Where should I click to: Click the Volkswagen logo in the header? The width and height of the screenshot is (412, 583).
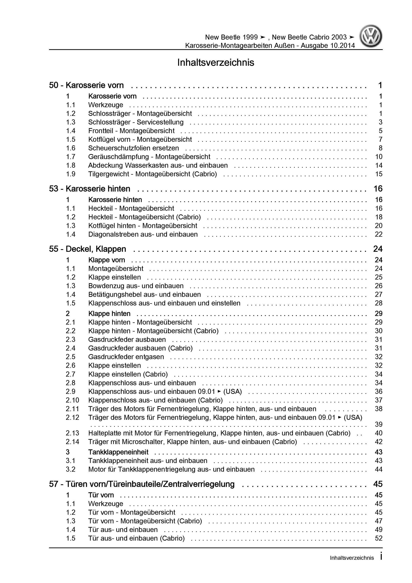(x=371, y=36)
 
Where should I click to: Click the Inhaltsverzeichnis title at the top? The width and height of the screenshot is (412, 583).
(x=216, y=62)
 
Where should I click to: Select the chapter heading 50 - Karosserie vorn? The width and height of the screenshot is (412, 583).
(x=86, y=85)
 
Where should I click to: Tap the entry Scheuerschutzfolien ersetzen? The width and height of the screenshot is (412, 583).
(x=133, y=148)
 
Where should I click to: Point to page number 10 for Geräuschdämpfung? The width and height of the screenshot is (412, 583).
(x=378, y=157)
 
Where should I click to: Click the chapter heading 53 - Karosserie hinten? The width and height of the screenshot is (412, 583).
(x=90, y=189)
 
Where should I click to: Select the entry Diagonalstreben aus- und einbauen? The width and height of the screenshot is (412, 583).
(x=143, y=234)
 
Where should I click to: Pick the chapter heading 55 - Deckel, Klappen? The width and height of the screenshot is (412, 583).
(x=88, y=249)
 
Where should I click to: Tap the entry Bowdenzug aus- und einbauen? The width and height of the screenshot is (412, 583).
(x=136, y=286)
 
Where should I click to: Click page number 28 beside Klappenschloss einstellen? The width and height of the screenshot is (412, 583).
(x=378, y=303)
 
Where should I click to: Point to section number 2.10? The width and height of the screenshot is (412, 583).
(x=72, y=400)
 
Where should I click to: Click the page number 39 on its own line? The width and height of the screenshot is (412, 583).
(x=378, y=424)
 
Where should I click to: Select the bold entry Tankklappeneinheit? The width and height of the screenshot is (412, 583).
(x=118, y=452)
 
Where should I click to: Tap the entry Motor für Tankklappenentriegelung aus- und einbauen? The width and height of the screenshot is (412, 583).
(x=171, y=469)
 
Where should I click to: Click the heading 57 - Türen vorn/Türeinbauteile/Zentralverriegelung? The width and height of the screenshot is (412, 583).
(x=142, y=484)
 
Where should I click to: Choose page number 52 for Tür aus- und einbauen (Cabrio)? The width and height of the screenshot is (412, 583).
(x=378, y=538)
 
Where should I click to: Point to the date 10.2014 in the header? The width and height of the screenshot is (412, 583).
(x=343, y=46)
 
